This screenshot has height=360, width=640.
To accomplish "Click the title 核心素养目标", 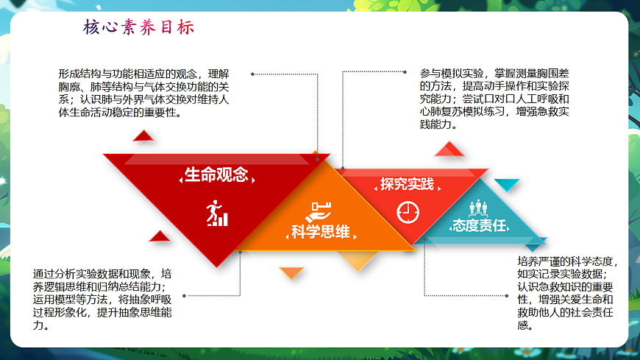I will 139,28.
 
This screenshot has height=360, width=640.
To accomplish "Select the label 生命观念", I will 216,175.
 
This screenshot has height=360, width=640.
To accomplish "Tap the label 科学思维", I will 320,233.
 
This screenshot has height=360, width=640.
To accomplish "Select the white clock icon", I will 407,212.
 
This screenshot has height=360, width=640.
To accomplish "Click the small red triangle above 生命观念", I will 143,135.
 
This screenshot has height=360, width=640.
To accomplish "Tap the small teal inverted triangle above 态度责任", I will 506,184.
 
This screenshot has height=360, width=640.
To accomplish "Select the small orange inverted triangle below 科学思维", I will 292,273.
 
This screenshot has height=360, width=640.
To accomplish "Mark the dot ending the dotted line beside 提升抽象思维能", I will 183,295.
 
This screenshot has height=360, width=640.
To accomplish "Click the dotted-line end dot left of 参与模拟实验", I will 405,72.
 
